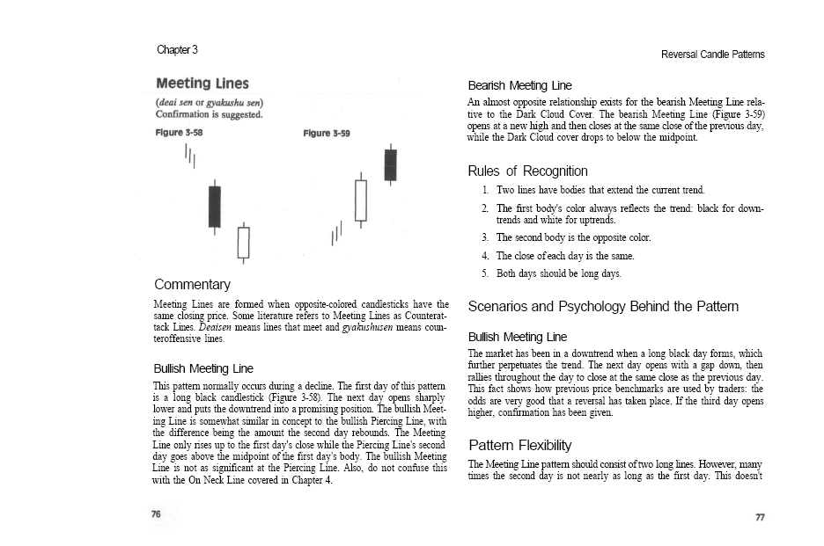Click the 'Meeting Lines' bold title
(x=202, y=84)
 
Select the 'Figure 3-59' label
(x=326, y=133)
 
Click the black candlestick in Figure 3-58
(x=214, y=207)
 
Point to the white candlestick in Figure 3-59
(x=360, y=200)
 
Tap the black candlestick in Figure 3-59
(x=390, y=164)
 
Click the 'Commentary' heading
(x=192, y=284)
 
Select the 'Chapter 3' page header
(x=177, y=49)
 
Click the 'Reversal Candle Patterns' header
(x=712, y=55)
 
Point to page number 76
(x=156, y=515)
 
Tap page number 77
(x=760, y=517)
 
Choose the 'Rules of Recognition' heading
(x=527, y=171)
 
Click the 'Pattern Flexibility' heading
(x=519, y=445)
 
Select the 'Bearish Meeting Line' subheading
(x=519, y=85)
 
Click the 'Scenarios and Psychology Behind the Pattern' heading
(x=603, y=306)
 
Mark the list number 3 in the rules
(x=485, y=237)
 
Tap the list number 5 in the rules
(x=485, y=273)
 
